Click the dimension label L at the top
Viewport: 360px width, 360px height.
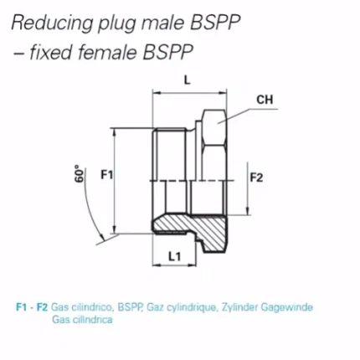pos(187,80)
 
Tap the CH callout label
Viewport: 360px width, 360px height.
pos(265,100)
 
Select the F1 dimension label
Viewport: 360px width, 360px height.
pos(106,175)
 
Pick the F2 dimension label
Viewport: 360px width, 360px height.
pos(256,177)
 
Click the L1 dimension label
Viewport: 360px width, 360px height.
pos(175,256)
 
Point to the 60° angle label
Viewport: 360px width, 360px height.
pos(80,173)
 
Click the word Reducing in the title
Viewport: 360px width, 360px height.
pos(52,23)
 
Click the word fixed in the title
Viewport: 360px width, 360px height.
pos(50,52)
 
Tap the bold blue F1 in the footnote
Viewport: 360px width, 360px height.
pos(22,307)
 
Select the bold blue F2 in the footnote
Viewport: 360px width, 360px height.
pos(43,307)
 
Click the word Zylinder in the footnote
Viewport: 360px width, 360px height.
pos(239,308)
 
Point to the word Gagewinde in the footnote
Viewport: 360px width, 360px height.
pos(286,307)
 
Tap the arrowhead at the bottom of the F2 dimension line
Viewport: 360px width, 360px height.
pos(248,211)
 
